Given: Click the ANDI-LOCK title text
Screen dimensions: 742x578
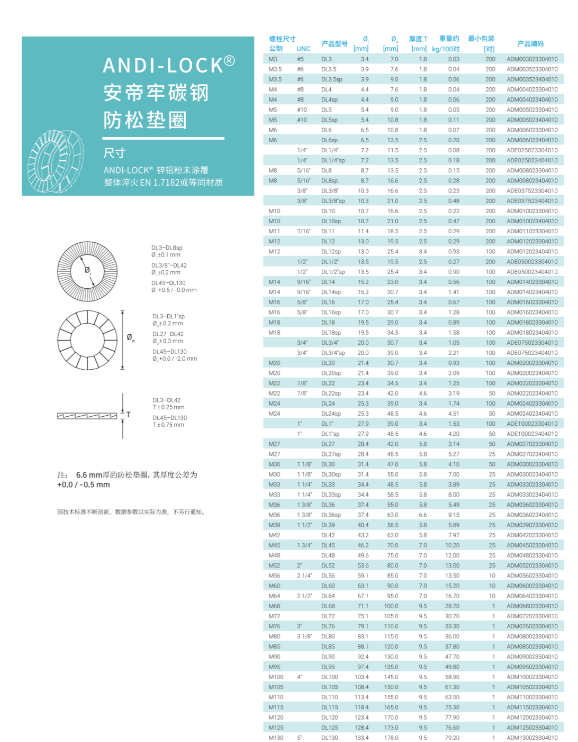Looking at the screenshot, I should tap(168, 65).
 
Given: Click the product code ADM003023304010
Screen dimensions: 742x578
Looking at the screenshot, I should tap(532, 59).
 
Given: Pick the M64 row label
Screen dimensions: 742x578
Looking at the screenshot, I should tap(274, 596).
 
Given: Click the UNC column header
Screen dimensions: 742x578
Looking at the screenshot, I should tap(303, 49).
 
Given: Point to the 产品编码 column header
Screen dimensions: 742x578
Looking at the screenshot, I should tap(530, 44).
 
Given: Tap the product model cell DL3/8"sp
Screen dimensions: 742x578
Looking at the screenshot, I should tap(333, 201).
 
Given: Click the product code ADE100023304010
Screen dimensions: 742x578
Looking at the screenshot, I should tap(532, 424).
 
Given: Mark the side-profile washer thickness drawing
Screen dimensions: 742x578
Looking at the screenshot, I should tap(87, 416).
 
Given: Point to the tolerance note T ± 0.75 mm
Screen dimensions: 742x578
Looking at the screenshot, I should tap(168, 425).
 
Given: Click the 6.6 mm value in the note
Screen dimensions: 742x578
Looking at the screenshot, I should tap(89, 475).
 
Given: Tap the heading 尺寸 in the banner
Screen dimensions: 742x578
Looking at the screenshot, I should tap(114, 153).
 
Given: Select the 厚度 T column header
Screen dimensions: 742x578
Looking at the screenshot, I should tap(418, 39).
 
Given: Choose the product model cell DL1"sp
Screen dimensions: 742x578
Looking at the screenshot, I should tap(330, 434).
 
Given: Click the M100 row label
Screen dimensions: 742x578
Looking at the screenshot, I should tap(276, 677).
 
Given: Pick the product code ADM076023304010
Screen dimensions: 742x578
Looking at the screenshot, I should tap(532, 626).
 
